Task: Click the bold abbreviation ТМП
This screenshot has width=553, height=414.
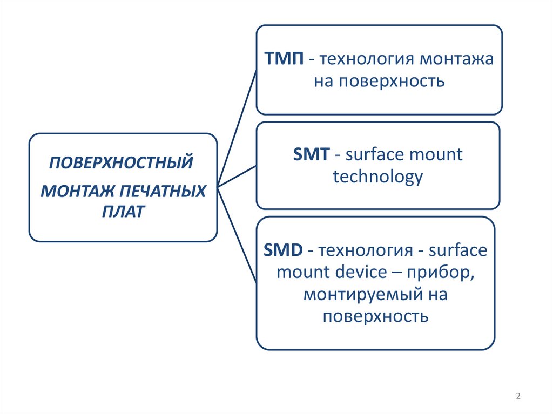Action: tap(284, 59)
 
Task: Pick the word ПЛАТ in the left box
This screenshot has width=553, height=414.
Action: tap(123, 211)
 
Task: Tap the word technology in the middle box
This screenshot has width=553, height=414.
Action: tap(377, 177)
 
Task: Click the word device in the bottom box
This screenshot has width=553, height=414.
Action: tap(357, 272)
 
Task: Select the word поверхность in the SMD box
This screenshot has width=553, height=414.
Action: tap(376, 316)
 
